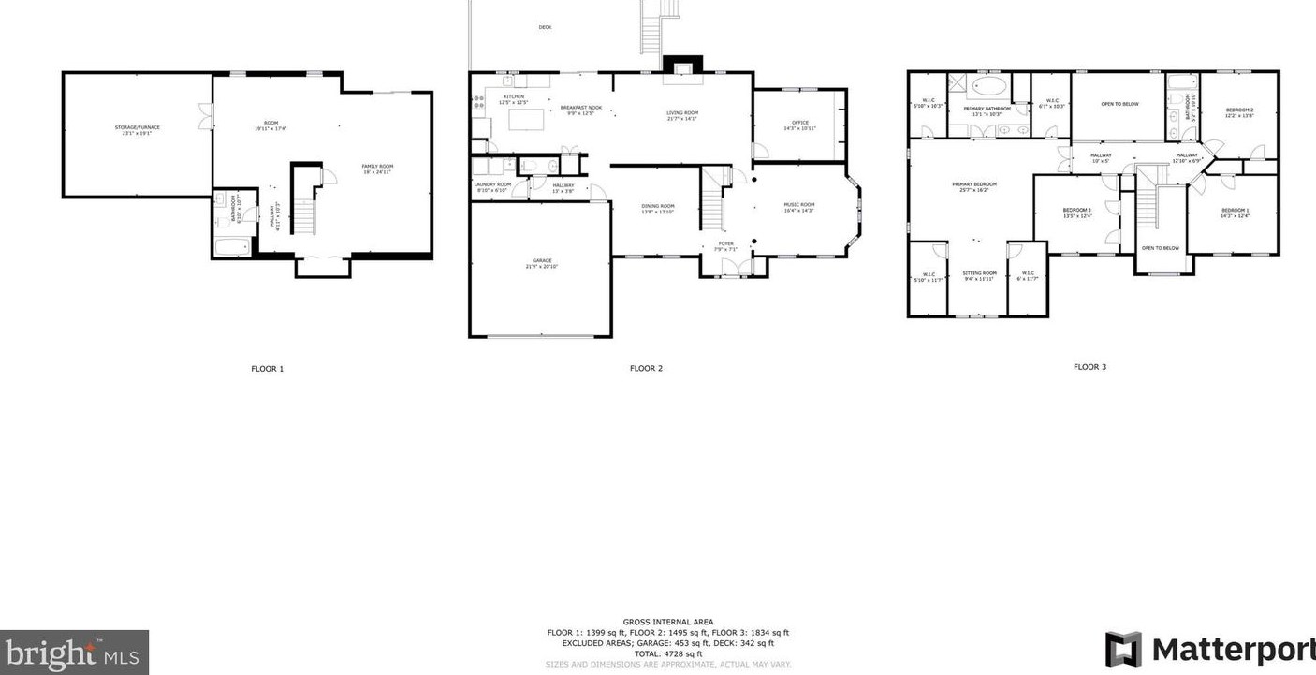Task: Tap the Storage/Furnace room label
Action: (137, 129)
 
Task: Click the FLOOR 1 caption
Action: (267, 369)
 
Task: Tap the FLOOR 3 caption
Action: (1089, 367)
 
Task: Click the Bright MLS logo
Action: (74, 652)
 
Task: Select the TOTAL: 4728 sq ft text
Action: (667, 653)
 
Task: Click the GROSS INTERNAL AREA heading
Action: (667, 622)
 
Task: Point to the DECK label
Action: (545, 27)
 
